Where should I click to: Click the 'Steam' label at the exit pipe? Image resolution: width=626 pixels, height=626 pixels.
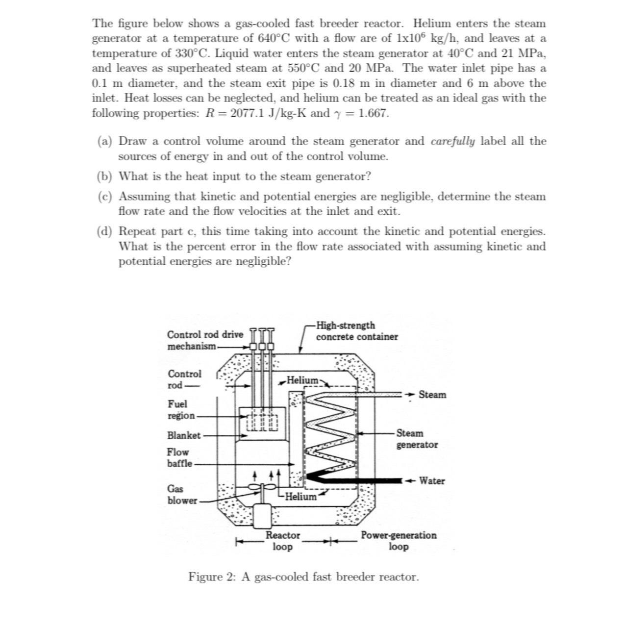point(432,395)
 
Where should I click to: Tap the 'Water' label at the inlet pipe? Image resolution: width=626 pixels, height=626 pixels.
point(432,481)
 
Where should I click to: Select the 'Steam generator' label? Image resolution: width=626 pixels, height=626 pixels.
point(417,439)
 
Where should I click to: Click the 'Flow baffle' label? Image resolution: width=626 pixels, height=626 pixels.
point(179,458)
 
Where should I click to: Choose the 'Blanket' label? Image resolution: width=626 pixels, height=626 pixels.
point(184,435)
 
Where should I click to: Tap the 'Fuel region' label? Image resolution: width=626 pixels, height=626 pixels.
point(180,410)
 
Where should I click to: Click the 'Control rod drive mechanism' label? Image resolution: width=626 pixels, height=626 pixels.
point(204,340)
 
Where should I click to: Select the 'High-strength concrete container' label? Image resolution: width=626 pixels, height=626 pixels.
point(356,331)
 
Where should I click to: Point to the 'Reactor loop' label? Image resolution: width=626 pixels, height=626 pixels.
point(283,541)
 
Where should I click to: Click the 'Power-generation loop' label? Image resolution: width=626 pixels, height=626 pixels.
point(399,541)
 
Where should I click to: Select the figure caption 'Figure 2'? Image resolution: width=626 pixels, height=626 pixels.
point(303,577)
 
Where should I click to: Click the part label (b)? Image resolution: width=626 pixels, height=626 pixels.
point(104,176)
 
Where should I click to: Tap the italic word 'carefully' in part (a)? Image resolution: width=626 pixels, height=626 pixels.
point(452,141)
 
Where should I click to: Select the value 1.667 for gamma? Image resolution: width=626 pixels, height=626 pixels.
point(374,113)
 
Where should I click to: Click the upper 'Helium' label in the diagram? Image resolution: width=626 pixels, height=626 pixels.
point(302,380)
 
